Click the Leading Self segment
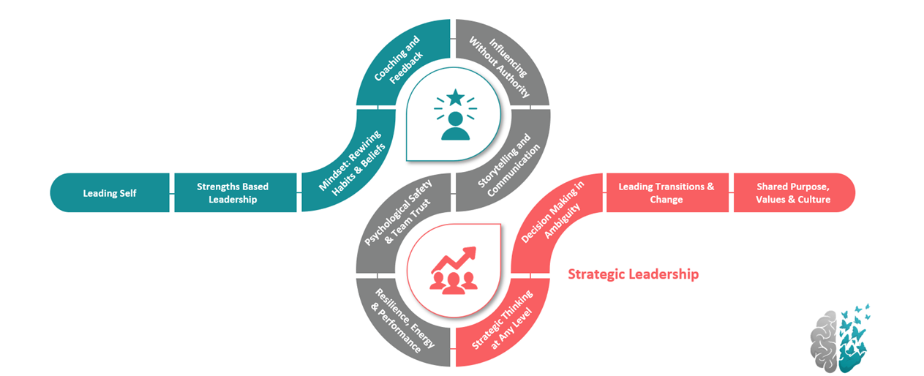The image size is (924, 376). [110, 193]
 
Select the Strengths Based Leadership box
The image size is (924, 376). [233, 193]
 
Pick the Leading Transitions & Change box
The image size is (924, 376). [666, 193]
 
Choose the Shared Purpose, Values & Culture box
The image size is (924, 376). [793, 193]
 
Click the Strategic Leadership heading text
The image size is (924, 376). [634, 274]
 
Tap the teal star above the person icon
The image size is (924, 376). [456, 96]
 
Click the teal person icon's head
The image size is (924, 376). [456, 118]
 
